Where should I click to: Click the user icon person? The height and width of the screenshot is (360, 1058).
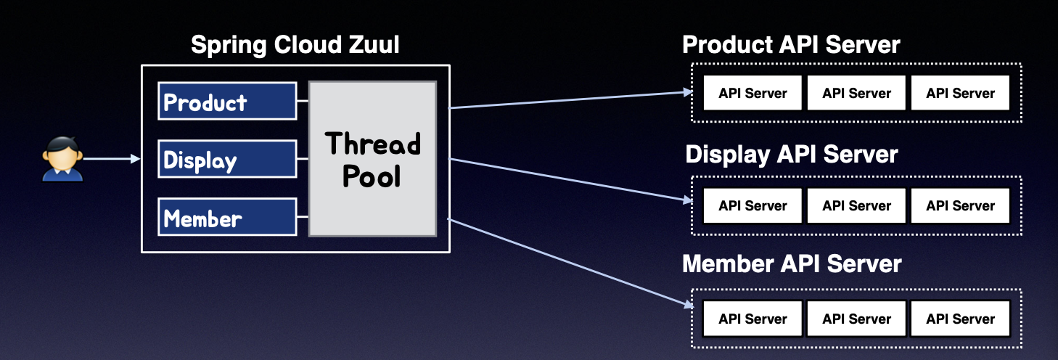pyautogui.click(x=63, y=158)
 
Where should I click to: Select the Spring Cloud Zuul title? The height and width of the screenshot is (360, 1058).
pyautogui.click(x=295, y=46)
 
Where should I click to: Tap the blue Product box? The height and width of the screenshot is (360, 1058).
pyautogui.click(x=227, y=101)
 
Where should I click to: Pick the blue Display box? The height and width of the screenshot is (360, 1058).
pyautogui.click(x=227, y=159)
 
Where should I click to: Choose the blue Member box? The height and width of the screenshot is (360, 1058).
pyautogui.click(x=227, y=217)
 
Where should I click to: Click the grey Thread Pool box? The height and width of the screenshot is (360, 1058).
pyautogui.click(x=372, y=159)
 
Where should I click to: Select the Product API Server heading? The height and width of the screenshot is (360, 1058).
pyautogui.click(x=791, y=45)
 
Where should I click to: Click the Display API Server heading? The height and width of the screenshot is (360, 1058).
pyautogui.click(x=792, y=155)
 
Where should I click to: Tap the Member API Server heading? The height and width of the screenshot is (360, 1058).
pyautogui.click(x=792, y=263)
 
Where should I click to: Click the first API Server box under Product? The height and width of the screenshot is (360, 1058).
pyautogui.click(x=753, y=93)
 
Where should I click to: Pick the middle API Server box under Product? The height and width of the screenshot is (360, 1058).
pyautogui.click(x=856, y=93)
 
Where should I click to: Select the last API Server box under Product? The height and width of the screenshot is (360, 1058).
pyautogui.click(x=960, y=93)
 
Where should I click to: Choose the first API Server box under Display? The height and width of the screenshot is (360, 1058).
pyautogui.click(x=753, y=205)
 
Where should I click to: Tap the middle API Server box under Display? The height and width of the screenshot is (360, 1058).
pyautogui.click(x=856, y=205)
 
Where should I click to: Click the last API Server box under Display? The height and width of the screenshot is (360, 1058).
pyautogui.click(x=960, y=205)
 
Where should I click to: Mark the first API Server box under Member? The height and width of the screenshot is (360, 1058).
pyautogui.click(x=753, y=319)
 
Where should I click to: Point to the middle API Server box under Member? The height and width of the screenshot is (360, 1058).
pyautogui.click(x=856, y=319)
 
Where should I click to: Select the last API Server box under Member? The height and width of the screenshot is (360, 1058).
pyautogui.click(x=960, y=319)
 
